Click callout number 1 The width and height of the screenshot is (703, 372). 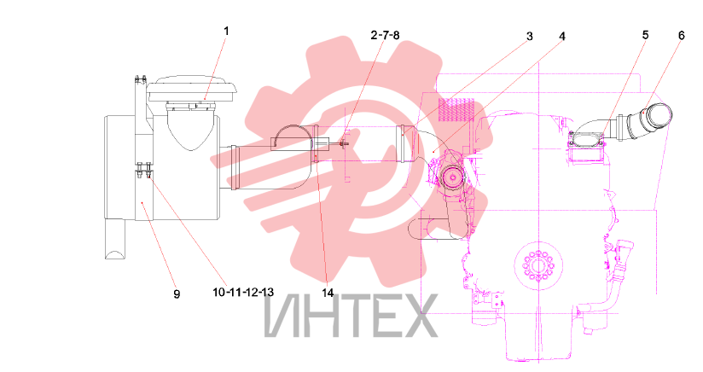coord(226,31)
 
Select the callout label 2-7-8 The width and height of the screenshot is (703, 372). coord(385,35)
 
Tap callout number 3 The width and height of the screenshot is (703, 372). coord(530,37)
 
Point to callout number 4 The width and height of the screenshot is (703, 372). coord(562,37)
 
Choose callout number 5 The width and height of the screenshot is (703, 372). coord(645,35)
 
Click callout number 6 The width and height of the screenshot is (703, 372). coord(682,35)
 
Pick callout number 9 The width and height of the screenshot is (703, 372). coord(177,294)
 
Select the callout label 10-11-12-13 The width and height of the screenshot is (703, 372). coord(243,292)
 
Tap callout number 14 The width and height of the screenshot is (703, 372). coord(328,293)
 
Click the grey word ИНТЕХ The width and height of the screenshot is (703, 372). coord(351,316)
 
